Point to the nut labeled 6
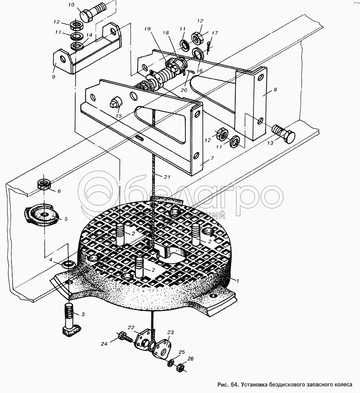click(44, 184)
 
